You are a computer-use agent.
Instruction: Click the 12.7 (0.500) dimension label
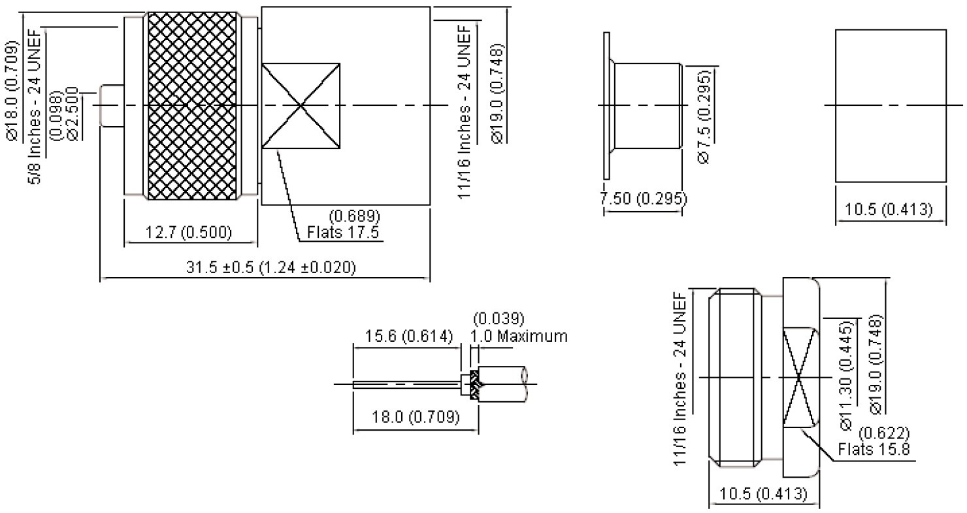click(x=188, y=232)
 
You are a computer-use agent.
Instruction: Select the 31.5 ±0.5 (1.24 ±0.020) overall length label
click(x=271, y=267)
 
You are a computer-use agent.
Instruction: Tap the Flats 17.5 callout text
click(x=343, y=232)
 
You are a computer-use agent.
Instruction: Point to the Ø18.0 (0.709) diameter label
click(x=12, y=91)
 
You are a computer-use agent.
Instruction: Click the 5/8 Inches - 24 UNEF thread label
click(x=35, y=106)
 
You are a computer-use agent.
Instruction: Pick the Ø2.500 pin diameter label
click(x=73, y=114)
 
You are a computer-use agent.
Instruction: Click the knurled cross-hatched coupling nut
click(x=192, y=106)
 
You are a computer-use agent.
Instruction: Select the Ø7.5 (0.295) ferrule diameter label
click(x=703, y=116)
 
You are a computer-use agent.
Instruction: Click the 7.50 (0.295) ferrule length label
click(x=643, y=198)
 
